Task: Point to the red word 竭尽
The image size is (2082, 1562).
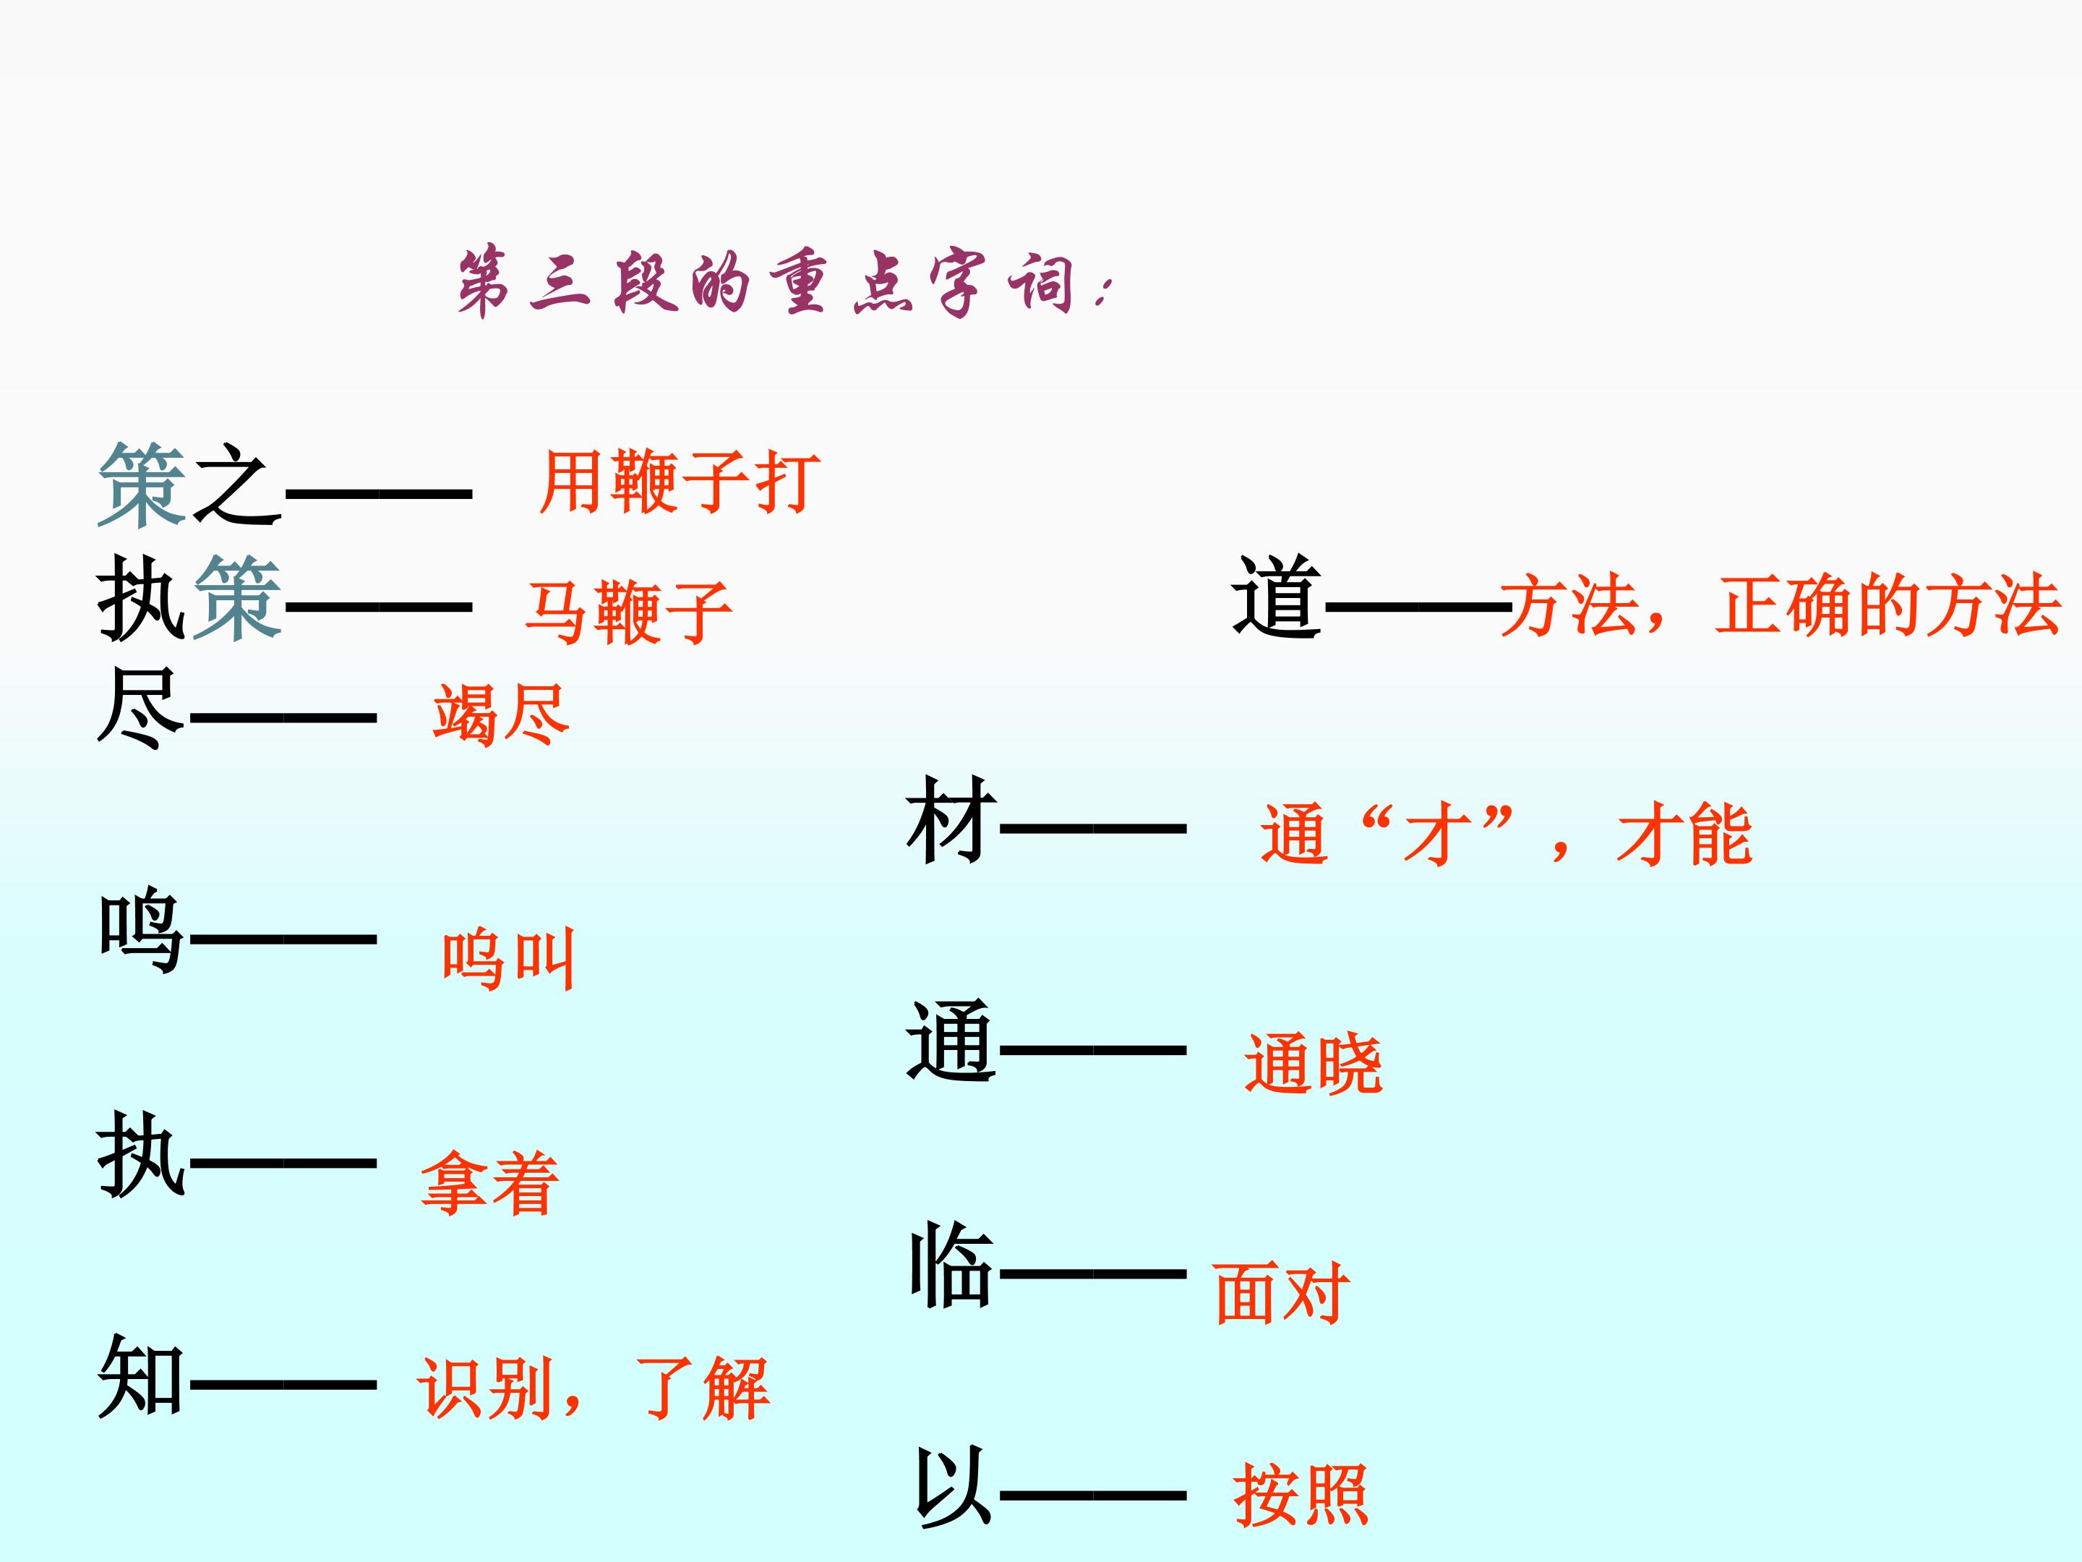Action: [502, 714]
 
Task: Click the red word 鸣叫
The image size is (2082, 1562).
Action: [508, 960]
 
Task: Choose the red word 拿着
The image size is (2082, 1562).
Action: [489, 1182]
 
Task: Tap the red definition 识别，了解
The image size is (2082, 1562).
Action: [593, 1388]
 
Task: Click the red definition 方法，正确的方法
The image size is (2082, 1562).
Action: [1781, 605]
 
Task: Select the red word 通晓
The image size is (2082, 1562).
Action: [1313, 1063]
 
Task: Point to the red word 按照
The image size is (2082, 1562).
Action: [1301, 1494]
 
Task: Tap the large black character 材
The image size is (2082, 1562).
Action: [951, 820]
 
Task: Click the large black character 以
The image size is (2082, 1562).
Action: [953, 1486]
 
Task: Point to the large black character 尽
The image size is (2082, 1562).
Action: [141, 708]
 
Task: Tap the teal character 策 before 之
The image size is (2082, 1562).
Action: [143, 485]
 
